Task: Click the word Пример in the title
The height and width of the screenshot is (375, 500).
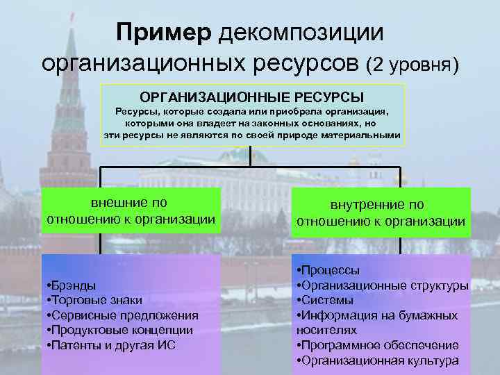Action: tap(164, 31)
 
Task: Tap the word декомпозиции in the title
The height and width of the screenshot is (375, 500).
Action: tap(301, 31)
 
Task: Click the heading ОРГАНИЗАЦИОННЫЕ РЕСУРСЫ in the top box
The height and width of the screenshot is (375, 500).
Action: tap(253, 95)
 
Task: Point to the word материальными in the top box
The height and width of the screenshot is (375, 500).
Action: tap(361, 135)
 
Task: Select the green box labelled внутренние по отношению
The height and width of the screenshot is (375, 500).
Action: tap(381, 213)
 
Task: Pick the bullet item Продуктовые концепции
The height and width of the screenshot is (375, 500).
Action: tap(119, 330)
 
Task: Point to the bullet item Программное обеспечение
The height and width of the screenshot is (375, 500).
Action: tap(379, 345)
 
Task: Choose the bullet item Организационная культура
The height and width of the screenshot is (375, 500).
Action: tap(379, 360)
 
